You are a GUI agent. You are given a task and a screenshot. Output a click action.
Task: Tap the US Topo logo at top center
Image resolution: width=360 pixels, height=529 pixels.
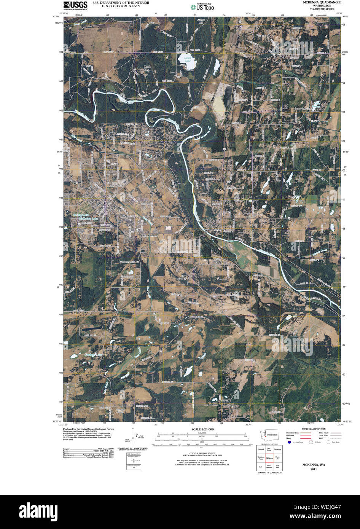(x=202, y=6)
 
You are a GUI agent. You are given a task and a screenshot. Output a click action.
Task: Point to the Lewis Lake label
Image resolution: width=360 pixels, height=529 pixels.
(x=187, y=59)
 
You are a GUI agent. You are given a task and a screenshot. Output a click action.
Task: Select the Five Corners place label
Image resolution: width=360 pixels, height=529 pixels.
(x=150, y=236)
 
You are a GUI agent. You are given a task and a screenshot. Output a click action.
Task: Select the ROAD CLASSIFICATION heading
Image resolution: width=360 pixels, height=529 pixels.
(x=313, y=429)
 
